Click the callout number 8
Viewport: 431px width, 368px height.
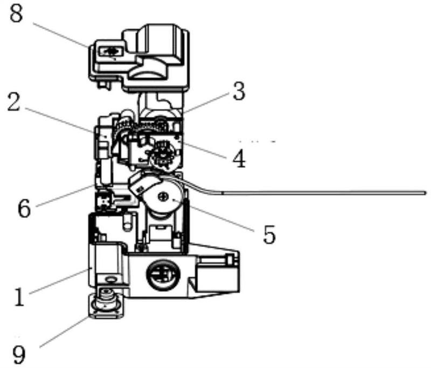click(16, 13)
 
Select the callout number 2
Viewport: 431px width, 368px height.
click(14, 101)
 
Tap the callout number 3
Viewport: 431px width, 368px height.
click(239, 91)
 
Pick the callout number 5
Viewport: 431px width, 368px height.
click(269, 234)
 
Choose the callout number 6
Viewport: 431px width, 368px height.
click(24, 208)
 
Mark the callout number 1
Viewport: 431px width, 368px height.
click(19, 297)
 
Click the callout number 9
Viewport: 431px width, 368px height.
click(19, 355)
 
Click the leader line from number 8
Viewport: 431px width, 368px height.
click(61, 35)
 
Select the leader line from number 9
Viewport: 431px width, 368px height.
click(64, 332)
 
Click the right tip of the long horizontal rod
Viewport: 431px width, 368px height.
click(426, 193)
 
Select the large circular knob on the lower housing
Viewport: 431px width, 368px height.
click(164, 275)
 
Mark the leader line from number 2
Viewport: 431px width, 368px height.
click(59, 120)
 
